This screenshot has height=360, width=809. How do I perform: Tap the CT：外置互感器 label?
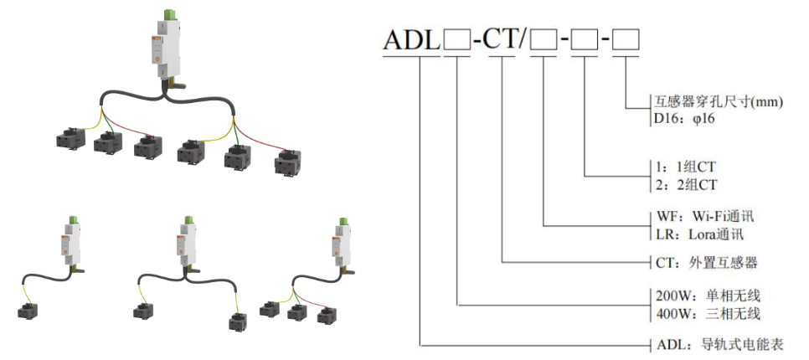pyautogui.click(x=704, y=262)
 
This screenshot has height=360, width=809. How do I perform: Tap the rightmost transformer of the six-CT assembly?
pyautogui.click(x=288, y=163)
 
